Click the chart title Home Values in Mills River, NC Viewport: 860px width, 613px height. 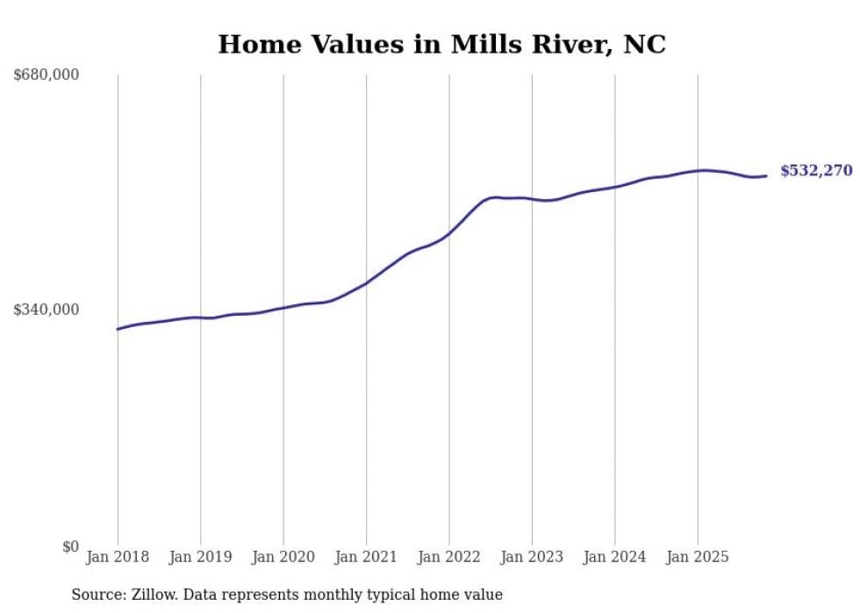441,44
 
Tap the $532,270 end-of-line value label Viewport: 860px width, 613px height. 816,171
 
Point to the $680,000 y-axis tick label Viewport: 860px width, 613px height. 47,75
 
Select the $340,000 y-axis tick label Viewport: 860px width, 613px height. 47,310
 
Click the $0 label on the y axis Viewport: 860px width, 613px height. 70,546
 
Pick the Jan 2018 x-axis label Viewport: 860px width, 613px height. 118,557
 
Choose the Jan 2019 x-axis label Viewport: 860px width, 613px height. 200,557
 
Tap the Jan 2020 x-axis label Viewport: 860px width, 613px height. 283,557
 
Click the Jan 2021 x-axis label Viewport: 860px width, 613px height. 366,557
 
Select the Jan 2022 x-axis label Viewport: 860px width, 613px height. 449,557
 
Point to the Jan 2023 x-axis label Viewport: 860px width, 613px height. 532,557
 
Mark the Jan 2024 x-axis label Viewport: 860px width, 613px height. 615,557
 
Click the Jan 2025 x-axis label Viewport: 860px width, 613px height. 698,557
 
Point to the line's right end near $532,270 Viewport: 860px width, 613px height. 766,176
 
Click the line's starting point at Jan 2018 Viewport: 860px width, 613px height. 118,329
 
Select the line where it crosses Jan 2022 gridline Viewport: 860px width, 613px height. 449,232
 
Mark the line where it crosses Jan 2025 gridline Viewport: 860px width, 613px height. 698,171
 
